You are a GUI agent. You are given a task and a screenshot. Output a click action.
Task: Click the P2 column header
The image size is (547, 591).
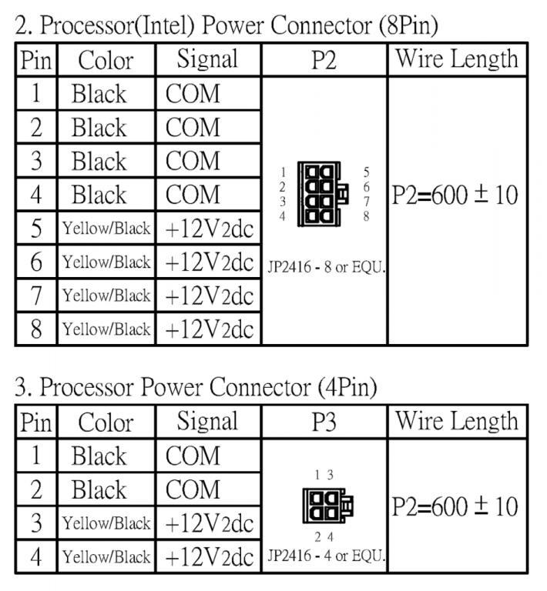pyautogui.click(x=324, y=60)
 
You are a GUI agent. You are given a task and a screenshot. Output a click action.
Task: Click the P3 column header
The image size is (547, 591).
pyautogui.click(x=324, y=422)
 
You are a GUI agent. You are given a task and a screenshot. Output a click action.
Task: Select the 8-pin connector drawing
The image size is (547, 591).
pyautogui.click(x=323, y=194)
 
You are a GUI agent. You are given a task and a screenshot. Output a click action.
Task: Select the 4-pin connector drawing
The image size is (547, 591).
pyautogui.click(x=328, y=505)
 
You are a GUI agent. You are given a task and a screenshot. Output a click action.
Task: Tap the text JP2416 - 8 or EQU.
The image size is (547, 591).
pyautogui.click(x=327, y=267)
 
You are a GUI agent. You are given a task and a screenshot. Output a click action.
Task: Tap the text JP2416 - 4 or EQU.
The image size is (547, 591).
pyautogui.click(x=327, y=556)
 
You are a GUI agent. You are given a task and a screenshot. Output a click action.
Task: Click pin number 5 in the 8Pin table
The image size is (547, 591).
pyautogui.click(x=36, y=229)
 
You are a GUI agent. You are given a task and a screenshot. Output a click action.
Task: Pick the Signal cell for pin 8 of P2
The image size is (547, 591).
pyautogui.click(x=209, y=329)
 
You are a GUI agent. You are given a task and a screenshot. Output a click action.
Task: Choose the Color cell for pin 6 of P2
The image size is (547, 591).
pyautogui.click(x=106, y=262)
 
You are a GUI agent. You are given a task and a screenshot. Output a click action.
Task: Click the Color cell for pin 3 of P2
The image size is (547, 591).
pyautogui.click(x=99, y=161)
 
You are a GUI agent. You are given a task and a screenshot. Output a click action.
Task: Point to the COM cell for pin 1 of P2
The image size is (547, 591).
pyautogui.click(x=193, y=93)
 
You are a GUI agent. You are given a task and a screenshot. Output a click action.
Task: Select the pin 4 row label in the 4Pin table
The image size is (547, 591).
pyautogui.click(x=36, y=556)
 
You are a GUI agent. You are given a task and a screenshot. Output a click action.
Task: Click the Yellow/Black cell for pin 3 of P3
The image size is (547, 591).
pyautogui.click(x=106, y=523)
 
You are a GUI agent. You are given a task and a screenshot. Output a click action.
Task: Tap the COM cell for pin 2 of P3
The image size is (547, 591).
pyautogui.click(x=193, y=489)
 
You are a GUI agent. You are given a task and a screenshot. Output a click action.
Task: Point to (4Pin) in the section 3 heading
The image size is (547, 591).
pyautogui.click(x=347, y=387)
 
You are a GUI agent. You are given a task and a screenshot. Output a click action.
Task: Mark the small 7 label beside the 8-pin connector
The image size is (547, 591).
pyautogui.click(x=366, y=202)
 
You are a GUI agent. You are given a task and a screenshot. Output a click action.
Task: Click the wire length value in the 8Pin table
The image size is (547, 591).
pyautogui.click(x=455, y=195)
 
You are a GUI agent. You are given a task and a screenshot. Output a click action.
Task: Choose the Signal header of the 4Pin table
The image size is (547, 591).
pyautogui.click(x=207, y=421)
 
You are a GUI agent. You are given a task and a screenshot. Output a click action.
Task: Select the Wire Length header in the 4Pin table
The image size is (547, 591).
pyautogui.click(x=457, y=421)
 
